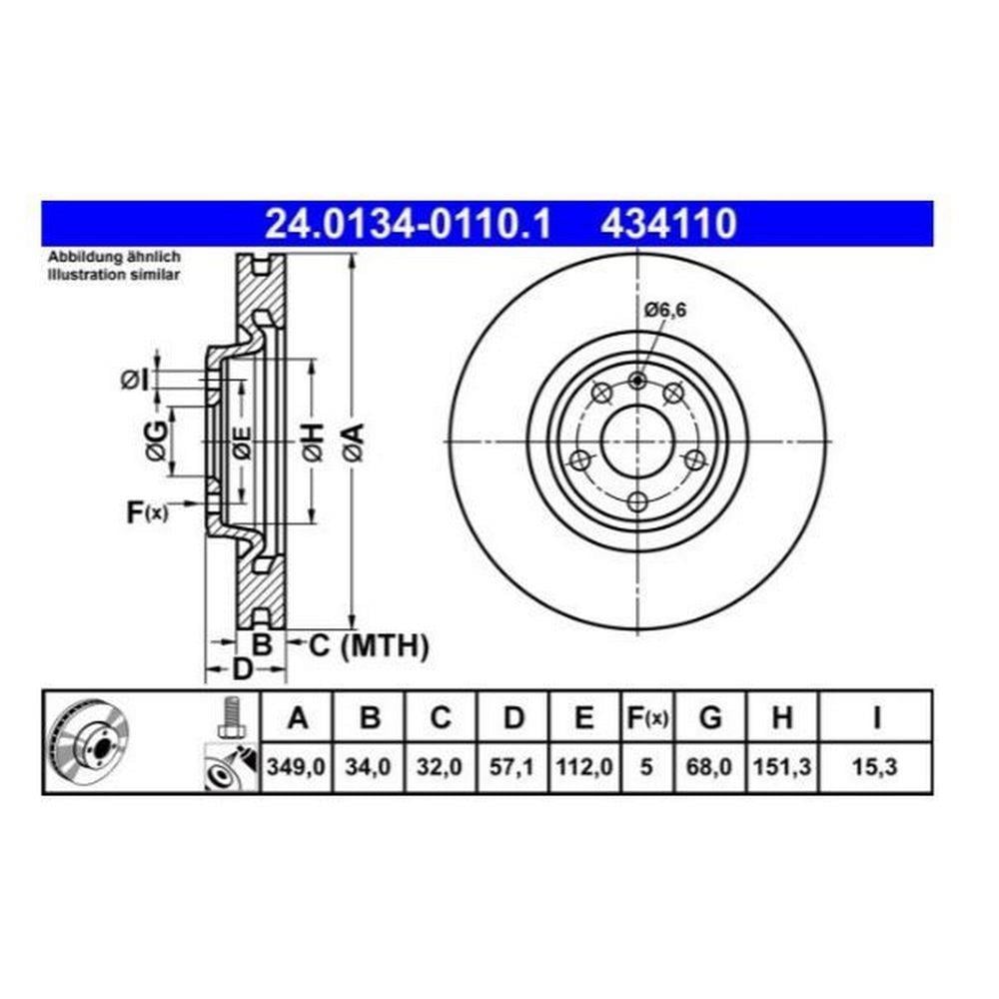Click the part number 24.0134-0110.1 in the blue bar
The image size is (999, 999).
(x=408, y=224)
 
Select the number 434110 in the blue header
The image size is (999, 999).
(x=669, y=224)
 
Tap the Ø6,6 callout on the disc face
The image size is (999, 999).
(x=665, y=311)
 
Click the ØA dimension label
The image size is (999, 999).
(x=355, y=442)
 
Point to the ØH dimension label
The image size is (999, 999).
(x=314, y=442)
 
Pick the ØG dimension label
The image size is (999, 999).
(x=157, y=442)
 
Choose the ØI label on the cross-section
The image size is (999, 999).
(x=135, y=381)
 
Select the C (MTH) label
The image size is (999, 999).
(x=369, y=645)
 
